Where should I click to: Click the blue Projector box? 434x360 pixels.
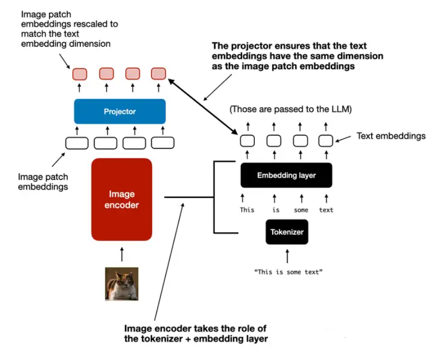coord(120,112)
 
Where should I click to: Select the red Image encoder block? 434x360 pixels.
coord(122,199)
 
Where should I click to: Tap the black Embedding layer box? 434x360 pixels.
coord(286,175)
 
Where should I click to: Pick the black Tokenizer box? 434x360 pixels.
coord(287,232)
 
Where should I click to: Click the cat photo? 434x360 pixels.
coord(122,283)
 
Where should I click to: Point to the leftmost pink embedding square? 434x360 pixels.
coord(80,73)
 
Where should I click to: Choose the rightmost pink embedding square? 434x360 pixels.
coord(158,73)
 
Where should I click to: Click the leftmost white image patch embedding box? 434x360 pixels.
coord(77,143)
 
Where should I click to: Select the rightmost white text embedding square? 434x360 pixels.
coord(325,141)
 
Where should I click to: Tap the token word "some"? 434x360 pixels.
coord(301,210)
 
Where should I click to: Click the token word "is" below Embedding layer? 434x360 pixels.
coord(276,210)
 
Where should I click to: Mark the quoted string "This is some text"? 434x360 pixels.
coord(288,272)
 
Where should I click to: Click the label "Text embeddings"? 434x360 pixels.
coord(391,136)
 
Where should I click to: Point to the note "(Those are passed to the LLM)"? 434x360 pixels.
coord(291,110)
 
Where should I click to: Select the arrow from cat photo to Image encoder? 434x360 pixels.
coord(122,254)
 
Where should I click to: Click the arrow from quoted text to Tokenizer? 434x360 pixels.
coord(287,256)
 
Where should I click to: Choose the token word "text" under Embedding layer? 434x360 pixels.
coord(326,210)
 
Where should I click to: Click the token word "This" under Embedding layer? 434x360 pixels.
coord(247,210)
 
